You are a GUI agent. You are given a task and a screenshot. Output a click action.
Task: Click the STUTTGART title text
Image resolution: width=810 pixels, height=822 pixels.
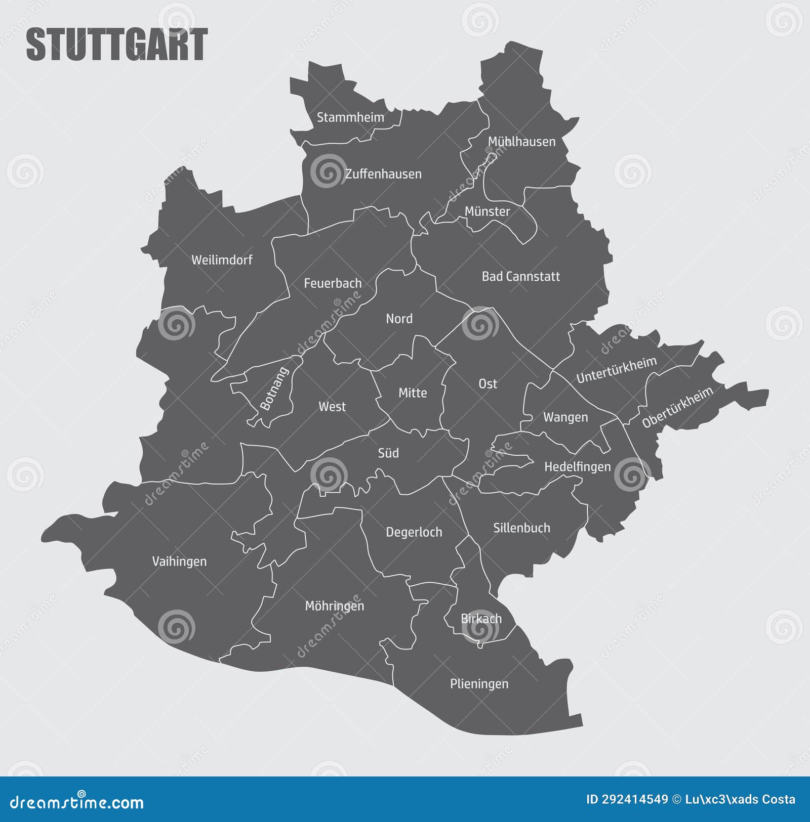pyautogui.click(x=116, y=45)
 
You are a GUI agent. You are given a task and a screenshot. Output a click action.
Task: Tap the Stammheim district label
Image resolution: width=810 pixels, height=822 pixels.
pyautogui.click(x=350, y=117)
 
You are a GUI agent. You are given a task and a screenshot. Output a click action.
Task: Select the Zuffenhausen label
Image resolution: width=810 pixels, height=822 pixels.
pyautogui.click(x=383, y=174)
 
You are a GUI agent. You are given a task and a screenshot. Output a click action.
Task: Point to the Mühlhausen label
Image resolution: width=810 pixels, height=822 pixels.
pyautogui.click(x=521, y=142)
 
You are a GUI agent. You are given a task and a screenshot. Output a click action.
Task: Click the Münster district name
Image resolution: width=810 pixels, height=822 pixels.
pyautogui.click(x=487, y=211)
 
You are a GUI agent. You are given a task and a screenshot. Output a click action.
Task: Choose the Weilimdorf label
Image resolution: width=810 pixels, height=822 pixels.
pyautogui.click(x=222, y=260)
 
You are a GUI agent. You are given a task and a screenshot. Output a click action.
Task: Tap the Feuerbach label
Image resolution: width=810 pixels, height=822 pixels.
pyautogui.click(x=333, y=283)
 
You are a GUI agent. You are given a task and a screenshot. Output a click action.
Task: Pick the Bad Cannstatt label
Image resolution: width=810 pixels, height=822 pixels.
pyautogui.click(x=520, y=277)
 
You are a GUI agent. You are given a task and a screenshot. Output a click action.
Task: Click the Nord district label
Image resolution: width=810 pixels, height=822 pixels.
pyautogui.click(x=399, y=319)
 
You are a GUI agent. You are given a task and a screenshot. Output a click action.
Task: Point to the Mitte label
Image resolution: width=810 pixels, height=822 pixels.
pyautogui.click(x=413, y=393)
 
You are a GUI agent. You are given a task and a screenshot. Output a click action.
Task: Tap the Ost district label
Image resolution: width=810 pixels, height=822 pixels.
pyautogui.click(x=488, y=384)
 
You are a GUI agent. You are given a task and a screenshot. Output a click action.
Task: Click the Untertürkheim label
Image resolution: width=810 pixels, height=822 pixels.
pyautogui.click(x=616, y=370)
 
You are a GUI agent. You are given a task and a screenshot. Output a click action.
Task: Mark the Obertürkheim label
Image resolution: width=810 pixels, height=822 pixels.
pyautogui.click(x=677, y=407)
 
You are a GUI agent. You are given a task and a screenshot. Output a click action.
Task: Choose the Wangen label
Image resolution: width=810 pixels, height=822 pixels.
pyautogui.click(x=565, y=417)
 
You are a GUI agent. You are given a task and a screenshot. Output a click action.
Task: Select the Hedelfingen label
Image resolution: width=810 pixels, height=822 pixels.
pyautogui.click(x=577, y=466)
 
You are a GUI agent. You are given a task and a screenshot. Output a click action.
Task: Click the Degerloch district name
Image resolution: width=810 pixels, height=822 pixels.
pyautogui.click(x=414, y=532)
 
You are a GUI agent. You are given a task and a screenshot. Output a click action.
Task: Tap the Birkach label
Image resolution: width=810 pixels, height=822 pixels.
pyautogui.click(x=481, y=619)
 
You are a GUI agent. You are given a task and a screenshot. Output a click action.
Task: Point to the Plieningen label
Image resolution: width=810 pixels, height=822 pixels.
pyautogui.click(x=479, y=684)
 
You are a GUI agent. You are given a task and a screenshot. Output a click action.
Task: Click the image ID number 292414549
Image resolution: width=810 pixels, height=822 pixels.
pyautogui.click(x=634, y=800)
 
